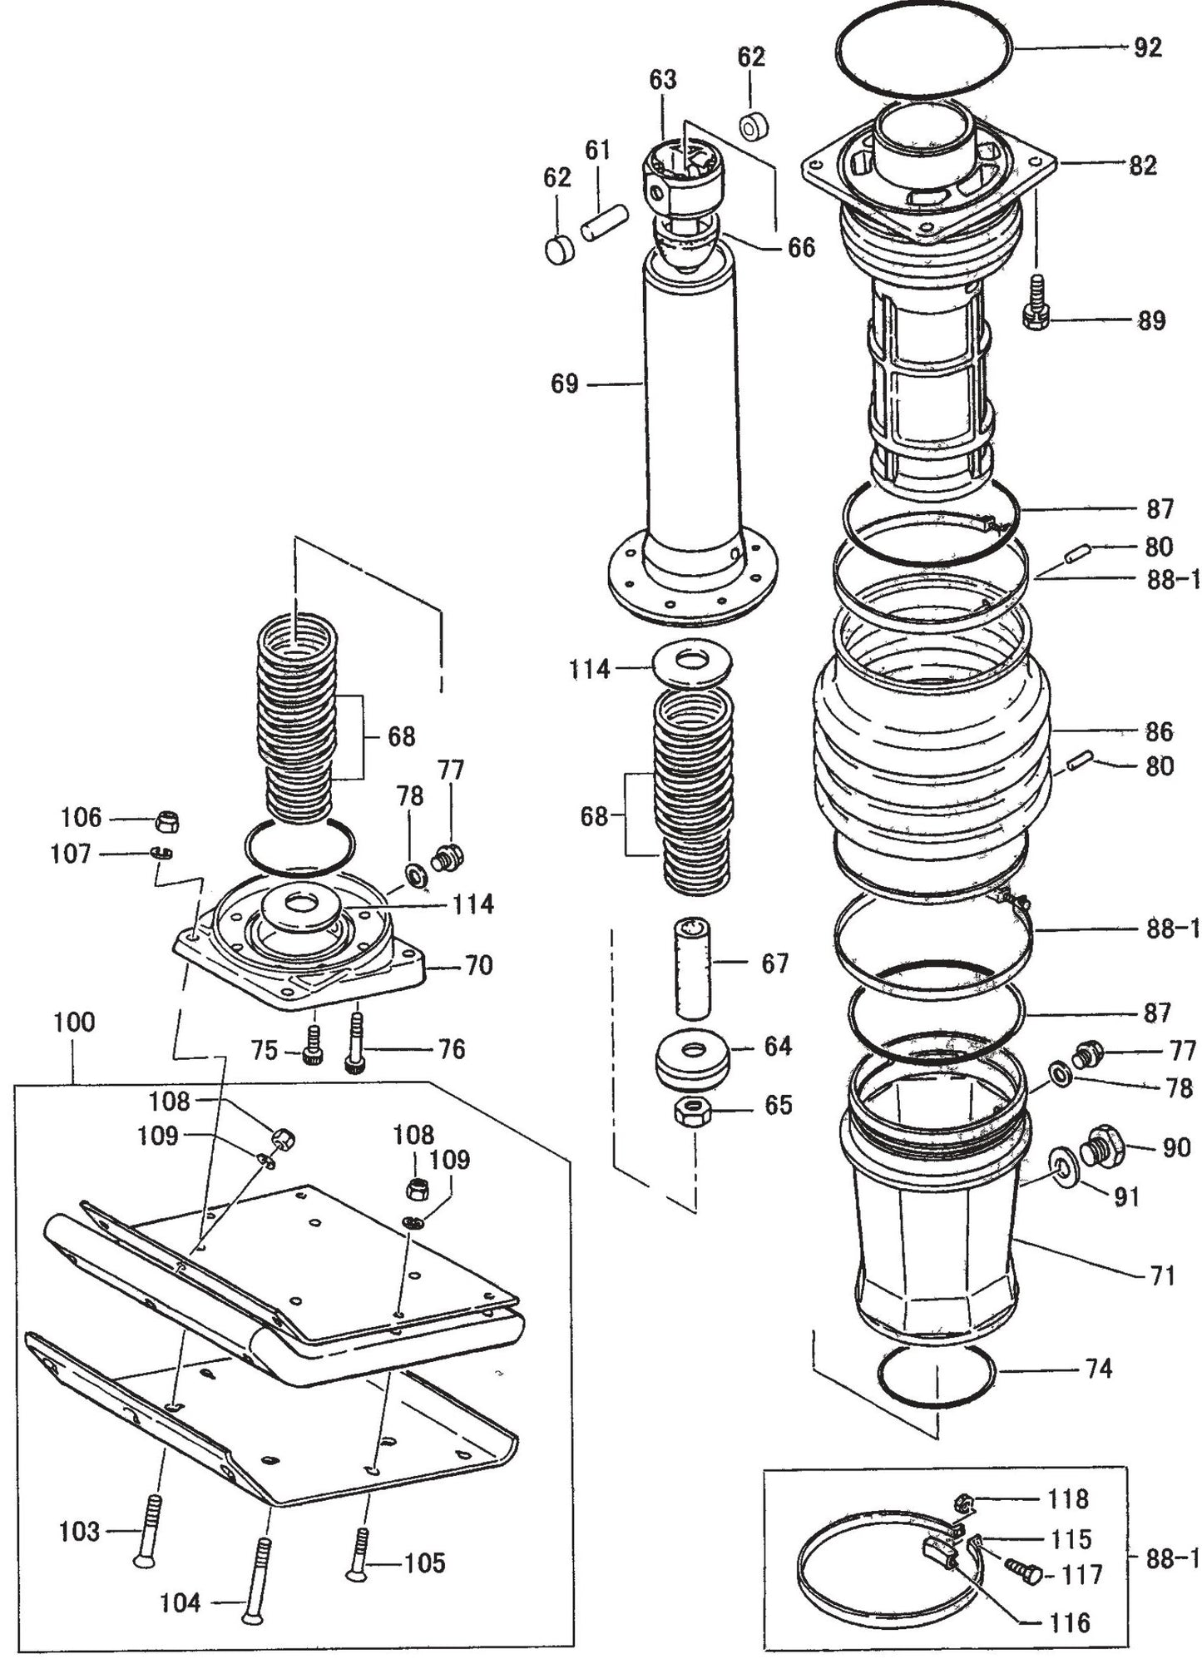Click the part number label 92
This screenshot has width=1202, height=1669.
(x=1147, y=48)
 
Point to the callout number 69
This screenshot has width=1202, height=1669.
(x=564, y=384)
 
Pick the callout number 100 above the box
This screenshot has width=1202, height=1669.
(x=75, y=1022)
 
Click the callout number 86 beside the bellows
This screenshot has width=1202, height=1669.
(x=1159, y=731)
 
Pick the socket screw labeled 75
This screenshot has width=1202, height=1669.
(x=314, y=1043)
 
